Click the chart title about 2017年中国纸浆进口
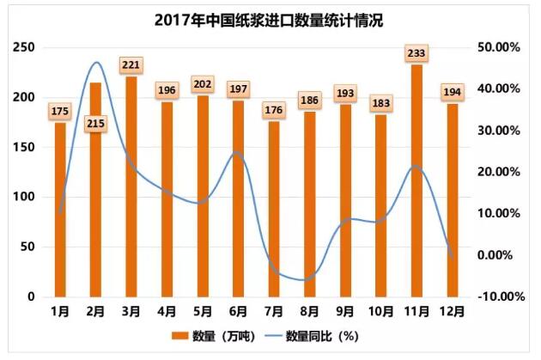pyautogui.click(x=270, y=19)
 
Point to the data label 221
pyautogui.click(x=131, y=64)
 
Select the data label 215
pyautogui.click(x=95, y=124)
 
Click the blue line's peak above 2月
pyautogui.click(x=96, y=62)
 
